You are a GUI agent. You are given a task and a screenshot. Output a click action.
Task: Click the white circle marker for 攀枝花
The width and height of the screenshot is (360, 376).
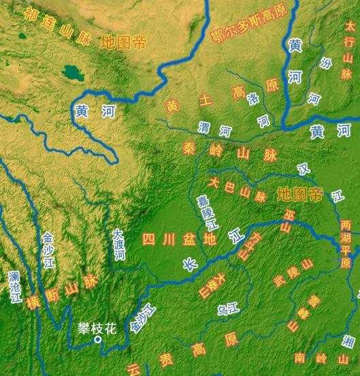(x=98, y=339)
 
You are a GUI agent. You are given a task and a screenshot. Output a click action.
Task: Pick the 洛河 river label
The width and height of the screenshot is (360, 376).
(x=259, y=110)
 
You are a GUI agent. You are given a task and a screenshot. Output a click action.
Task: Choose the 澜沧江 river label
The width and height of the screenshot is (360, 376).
(x=14, y=289)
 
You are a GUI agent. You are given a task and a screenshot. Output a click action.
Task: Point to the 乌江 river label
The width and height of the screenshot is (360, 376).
(x=226, y=310)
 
